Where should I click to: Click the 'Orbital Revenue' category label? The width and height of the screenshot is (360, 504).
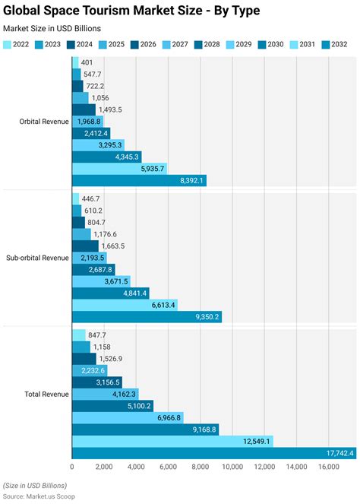[44, 122]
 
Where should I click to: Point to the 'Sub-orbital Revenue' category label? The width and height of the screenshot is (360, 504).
[38, 258]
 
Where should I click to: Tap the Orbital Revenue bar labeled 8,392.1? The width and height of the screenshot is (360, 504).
[139, 180]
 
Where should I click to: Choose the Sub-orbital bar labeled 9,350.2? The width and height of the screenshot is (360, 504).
[147, 316]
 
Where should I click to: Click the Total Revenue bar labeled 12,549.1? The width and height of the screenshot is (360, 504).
[172, 441]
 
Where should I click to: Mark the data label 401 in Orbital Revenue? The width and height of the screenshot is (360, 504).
[87, 62]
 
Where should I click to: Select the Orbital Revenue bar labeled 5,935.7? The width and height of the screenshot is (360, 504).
[119, 169]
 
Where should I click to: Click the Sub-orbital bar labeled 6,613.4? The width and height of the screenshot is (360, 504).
[125, 305]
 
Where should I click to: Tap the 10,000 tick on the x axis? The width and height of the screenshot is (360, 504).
[232, 468]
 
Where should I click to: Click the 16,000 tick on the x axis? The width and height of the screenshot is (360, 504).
[328, 468]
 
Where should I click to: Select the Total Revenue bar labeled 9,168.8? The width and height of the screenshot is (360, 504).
[145, 430]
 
